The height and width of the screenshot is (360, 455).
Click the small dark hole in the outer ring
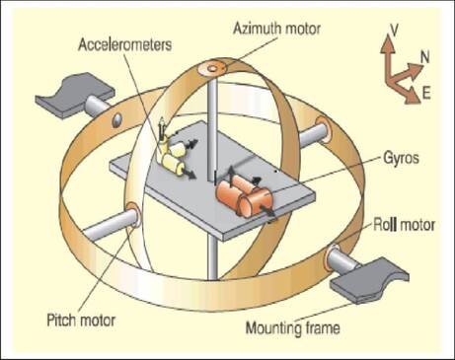pos(116,119)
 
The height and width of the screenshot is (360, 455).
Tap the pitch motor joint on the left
pos(130,215)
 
